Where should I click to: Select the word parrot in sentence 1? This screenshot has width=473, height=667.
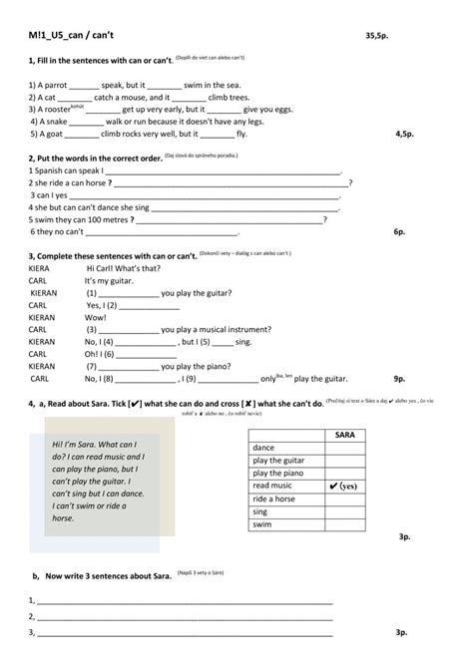54,86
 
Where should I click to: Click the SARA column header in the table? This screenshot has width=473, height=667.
345,436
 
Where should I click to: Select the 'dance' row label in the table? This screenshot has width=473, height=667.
264,448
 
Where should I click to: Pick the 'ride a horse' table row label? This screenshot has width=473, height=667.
274,499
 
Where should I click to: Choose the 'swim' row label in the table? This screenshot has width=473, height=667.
262,523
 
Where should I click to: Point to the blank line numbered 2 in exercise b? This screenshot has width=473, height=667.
185,617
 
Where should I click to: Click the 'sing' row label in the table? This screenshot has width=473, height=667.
261,510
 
